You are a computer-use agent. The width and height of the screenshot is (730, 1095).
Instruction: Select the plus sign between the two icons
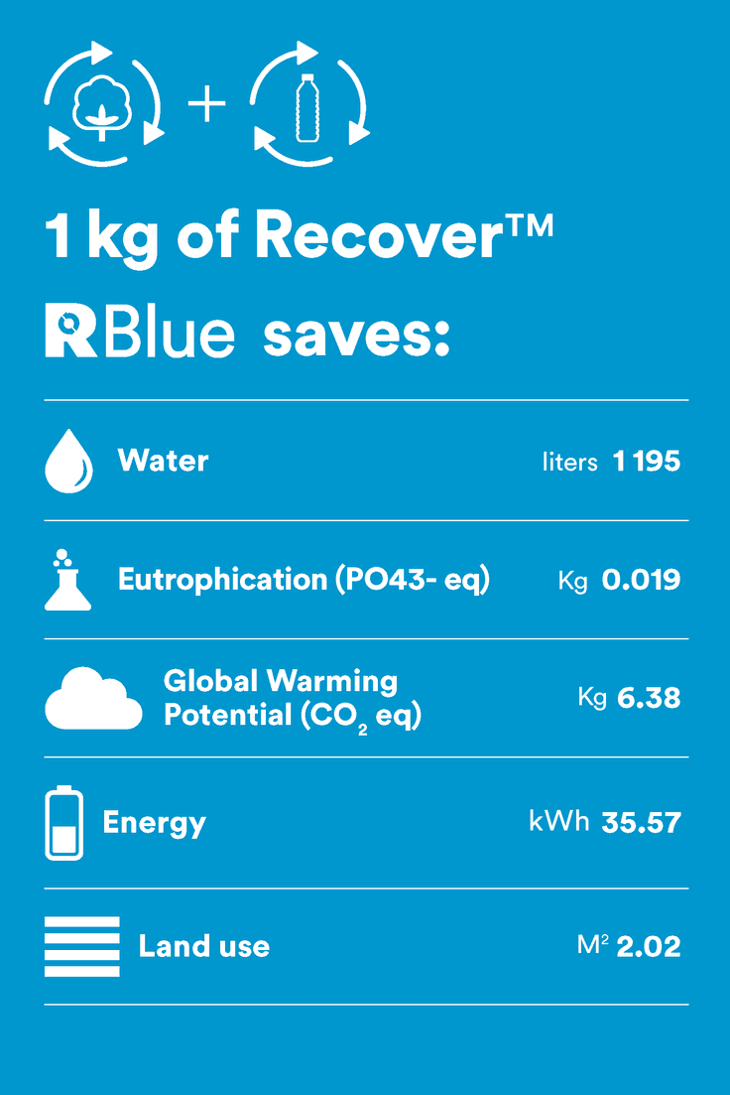point(207,105)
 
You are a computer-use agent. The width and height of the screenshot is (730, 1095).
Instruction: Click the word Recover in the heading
point(378,235)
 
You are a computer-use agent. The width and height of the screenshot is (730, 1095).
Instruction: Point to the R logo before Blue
point(70,331)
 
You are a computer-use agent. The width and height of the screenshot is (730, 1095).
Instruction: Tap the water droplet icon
point(68,462)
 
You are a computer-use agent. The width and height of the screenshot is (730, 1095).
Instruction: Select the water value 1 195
point(647,461)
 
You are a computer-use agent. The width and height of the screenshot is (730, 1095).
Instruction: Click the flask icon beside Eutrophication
point(67,581)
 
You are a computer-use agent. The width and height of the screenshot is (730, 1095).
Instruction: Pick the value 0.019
point(641,580)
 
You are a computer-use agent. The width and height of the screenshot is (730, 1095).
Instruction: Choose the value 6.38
point(649,698)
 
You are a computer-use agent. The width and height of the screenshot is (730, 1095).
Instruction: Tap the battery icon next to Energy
point(64,823)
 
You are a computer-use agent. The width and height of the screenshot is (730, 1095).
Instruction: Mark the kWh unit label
point(559,821)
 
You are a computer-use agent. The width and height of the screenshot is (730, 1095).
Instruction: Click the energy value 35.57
point(642,823)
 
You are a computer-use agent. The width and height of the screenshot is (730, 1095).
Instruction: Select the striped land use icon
point(82,946)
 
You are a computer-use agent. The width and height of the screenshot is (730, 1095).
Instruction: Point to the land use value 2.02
point(649,946)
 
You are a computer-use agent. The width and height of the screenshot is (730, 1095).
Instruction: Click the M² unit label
point(592,945)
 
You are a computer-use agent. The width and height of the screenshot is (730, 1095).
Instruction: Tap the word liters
point(570,462)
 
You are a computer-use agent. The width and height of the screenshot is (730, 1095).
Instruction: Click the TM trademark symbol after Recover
point(530,226)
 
